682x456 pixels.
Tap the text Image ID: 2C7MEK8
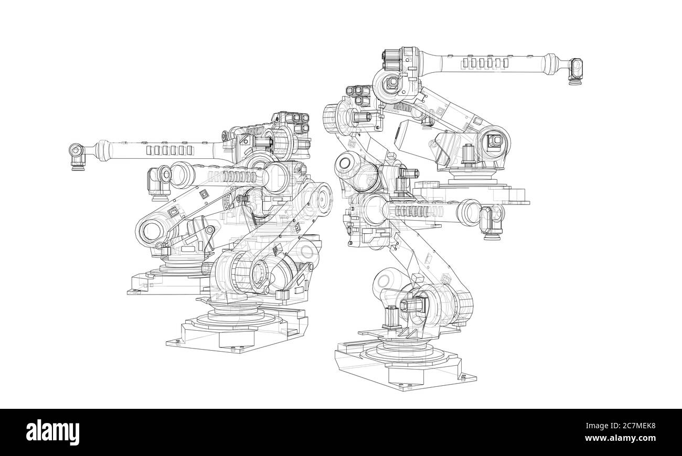tap(621, 426)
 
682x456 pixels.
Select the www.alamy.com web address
tap(620, 438)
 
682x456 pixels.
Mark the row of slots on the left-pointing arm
tap(169, 150)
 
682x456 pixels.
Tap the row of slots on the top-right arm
tap(485, 63)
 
